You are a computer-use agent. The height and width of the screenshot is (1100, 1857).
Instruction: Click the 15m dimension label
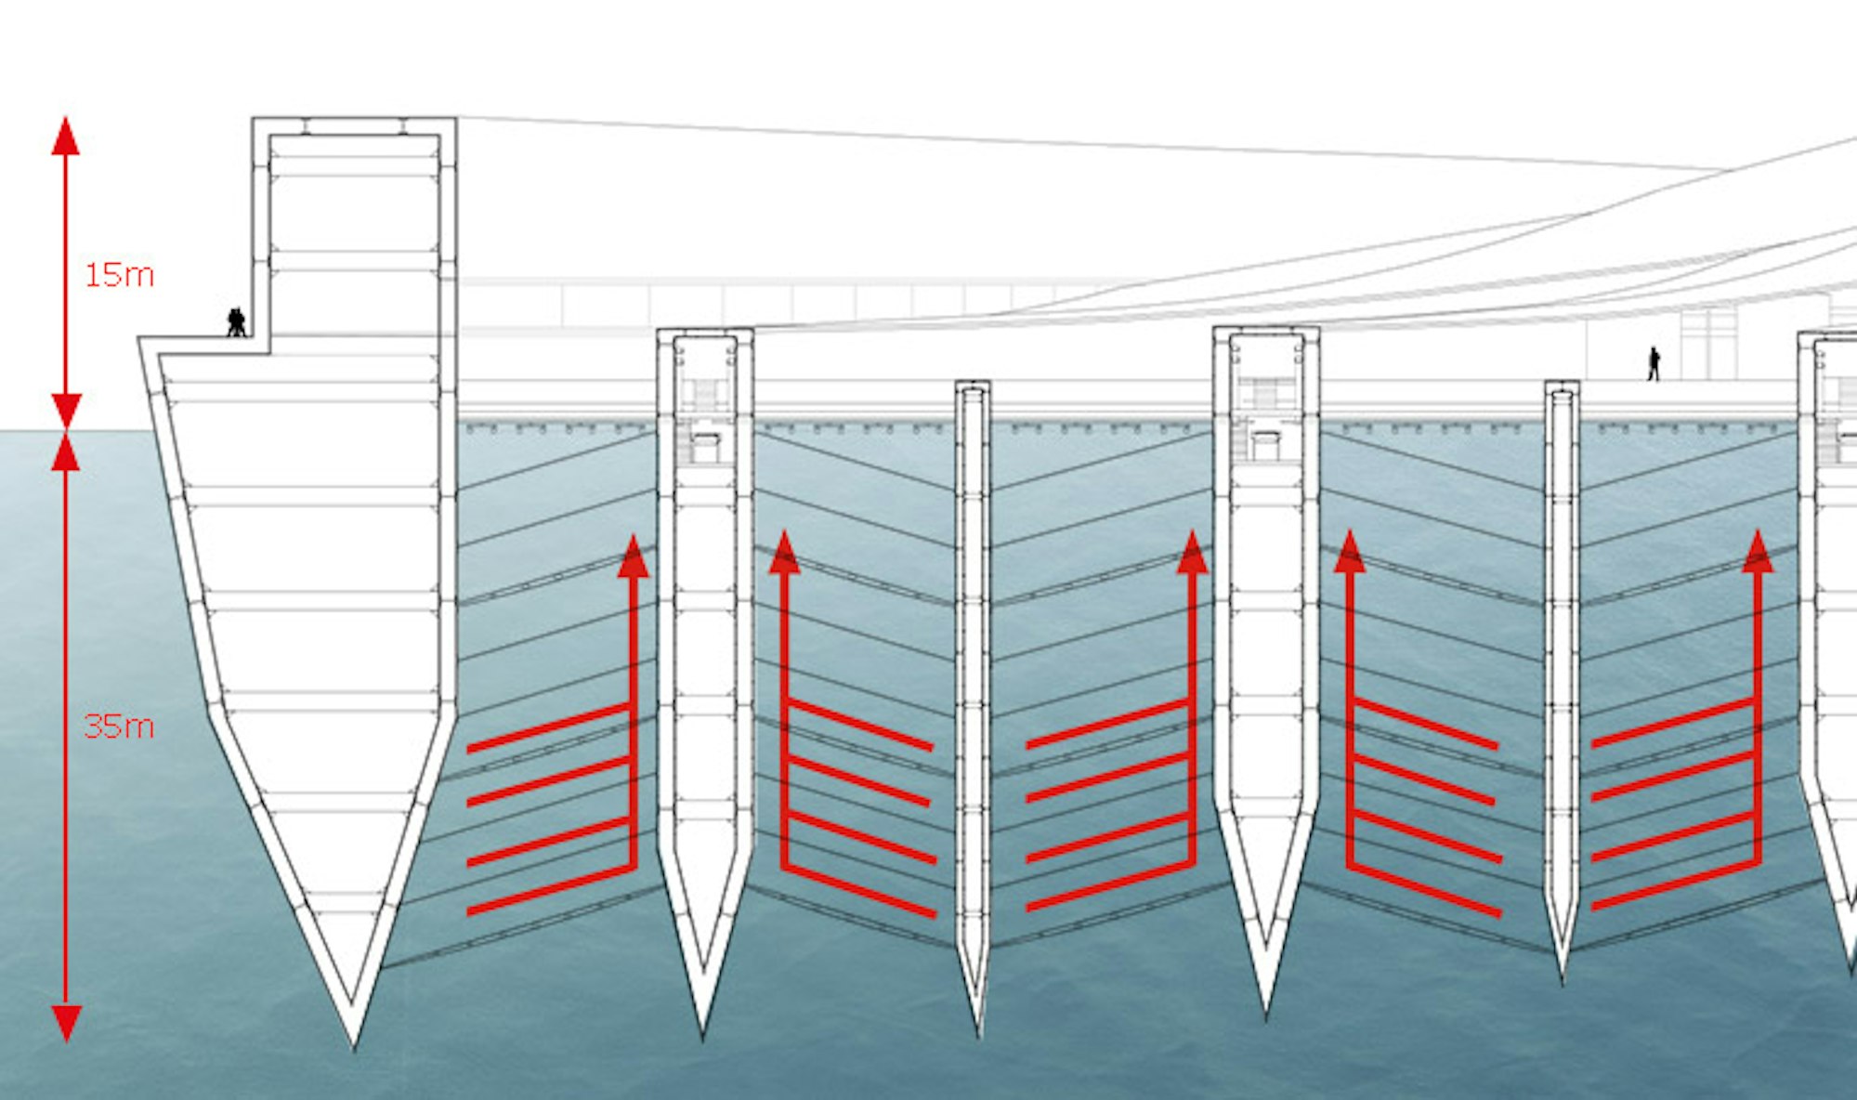(119, 275)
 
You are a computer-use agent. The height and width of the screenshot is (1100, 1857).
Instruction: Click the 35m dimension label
(119, 726)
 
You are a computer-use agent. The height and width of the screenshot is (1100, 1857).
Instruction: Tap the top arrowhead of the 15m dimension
(65, 136)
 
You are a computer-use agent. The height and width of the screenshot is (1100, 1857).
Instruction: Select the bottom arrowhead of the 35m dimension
(65, 1022)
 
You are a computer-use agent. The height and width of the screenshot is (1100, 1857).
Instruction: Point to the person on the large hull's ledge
(237, 321)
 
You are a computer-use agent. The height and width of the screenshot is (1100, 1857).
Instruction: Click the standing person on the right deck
(1654, 363)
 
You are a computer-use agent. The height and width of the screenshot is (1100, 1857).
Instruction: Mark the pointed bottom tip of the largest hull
(353, 1045)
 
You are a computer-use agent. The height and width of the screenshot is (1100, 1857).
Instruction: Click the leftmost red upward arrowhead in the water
(634, 557)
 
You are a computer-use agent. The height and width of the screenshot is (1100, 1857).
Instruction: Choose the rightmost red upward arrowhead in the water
(1757, 552)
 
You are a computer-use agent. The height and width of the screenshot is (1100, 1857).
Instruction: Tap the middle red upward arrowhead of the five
(1192, 553)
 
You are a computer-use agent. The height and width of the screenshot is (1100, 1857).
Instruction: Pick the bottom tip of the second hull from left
(702, 1031)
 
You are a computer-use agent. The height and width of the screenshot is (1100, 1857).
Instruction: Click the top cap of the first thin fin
(973, 385)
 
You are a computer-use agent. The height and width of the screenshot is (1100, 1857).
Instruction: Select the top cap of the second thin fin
(1562, 385)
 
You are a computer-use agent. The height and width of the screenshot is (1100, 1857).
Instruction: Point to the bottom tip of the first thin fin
(978, 1033)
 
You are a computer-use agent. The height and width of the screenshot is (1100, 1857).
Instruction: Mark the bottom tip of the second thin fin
(1562, 977)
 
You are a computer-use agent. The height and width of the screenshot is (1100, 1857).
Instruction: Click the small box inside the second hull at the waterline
(705, 447)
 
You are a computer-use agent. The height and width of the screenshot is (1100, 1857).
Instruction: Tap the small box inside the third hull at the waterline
(1265, 445)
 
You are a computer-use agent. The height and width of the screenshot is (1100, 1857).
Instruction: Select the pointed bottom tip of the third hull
(1265, 1011)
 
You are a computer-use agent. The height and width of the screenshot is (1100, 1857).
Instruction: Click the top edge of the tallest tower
(353, 120)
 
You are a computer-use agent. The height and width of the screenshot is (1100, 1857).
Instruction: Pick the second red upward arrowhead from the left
(785, 553)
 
